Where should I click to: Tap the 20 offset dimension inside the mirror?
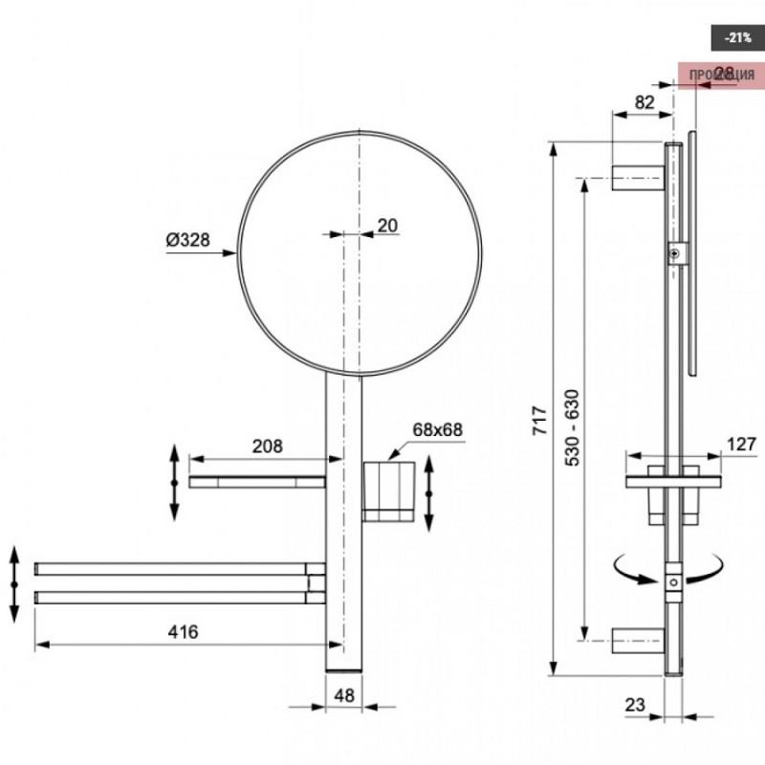pos(387,226)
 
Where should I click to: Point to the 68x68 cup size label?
pos(438,429)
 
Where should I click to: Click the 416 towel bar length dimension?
pos(183,632)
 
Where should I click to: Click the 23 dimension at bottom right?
pos(636,706)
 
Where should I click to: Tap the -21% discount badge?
pos(736,38)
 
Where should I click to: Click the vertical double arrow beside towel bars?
pos(14,583)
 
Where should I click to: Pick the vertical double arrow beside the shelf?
pos(174,482)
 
